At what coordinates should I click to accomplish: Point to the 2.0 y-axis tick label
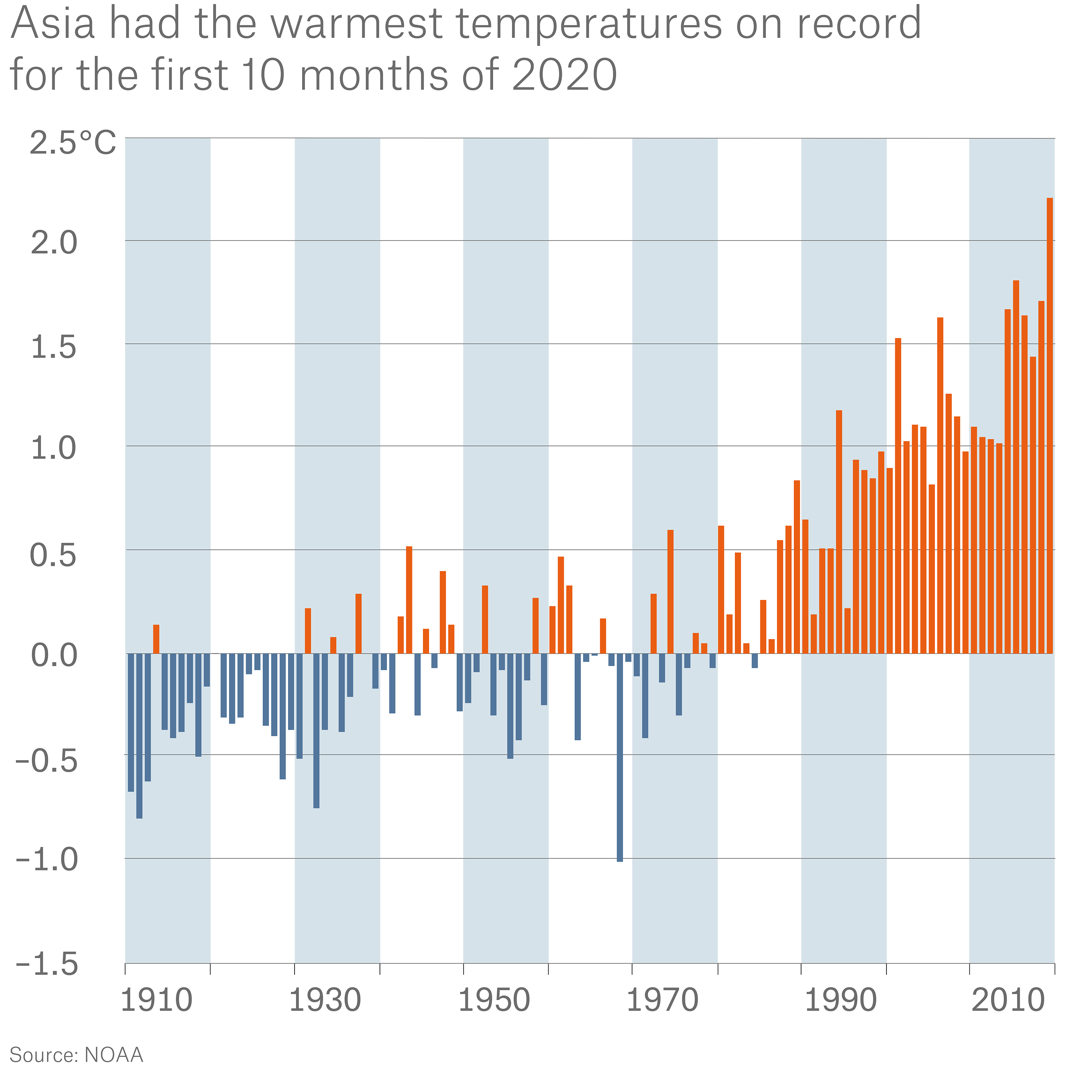click(x=54, y=244)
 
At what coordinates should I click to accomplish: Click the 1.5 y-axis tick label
click(x=54, y=348)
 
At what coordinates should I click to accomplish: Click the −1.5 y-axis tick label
click(x=47, y=965)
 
